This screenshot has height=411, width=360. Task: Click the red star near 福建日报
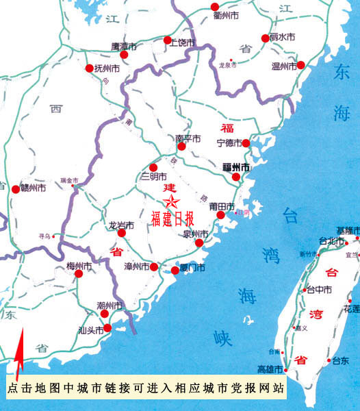[x=171, y=201]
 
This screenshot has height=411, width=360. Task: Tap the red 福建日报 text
[x=172, y=219]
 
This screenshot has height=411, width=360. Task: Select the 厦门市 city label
[x=192, y=267]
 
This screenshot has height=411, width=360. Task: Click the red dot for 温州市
[x=300, y=65]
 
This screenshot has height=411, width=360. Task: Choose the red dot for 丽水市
[x=265, y=38]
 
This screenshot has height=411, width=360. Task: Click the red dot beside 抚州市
[x=90, y=68]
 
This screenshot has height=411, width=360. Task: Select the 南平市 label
[x=188, y=138]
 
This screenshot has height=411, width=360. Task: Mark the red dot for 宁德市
[x=246, y=143]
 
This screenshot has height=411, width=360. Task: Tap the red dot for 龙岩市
[x=122, y=233]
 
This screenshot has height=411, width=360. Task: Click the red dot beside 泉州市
[x=198, y=243]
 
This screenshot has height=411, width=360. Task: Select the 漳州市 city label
[x=137, y=266]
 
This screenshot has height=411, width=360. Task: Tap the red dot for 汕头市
[x=107, y=329]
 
